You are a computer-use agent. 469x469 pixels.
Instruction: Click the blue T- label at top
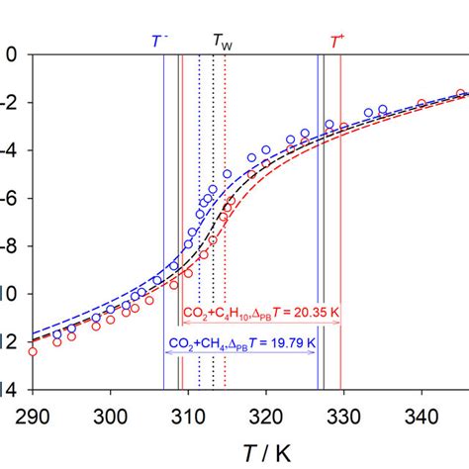tap(158, 41)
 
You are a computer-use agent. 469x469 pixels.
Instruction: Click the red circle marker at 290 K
tap(32, 350)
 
